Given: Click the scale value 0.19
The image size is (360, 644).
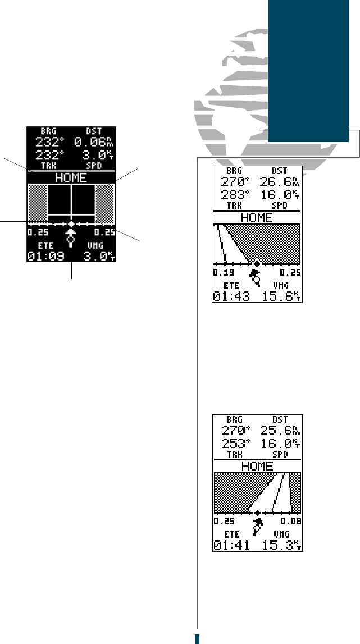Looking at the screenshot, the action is click(221, 272).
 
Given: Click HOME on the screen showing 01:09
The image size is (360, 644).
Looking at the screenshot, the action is click(71, 177).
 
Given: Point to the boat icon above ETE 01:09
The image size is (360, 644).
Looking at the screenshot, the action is click(71, 234).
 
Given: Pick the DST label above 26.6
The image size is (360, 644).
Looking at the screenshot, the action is click(279, 171).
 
